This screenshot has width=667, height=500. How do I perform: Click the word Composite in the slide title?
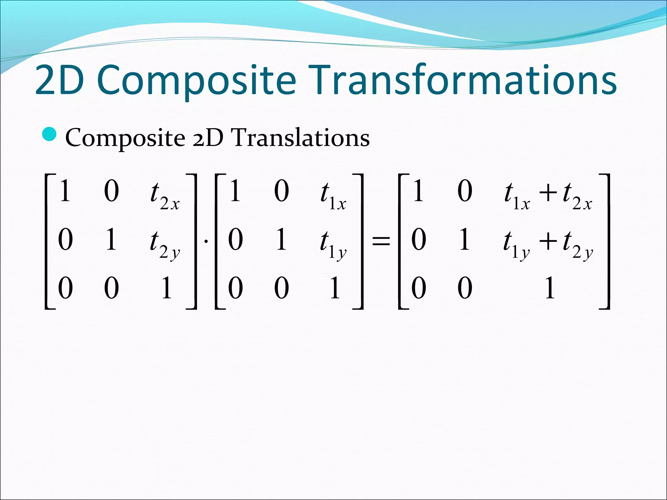pos(196,80)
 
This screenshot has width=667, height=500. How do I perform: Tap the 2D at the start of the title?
pos(59,80)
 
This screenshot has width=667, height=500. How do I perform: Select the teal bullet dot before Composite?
pos(50,135)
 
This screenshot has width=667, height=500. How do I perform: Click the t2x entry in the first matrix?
pos(164,195)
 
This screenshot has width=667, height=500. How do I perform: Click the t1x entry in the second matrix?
pos(333,195)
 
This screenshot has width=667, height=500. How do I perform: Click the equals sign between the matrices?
pos(381,241)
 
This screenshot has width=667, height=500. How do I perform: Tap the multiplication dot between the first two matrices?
pos(206,241)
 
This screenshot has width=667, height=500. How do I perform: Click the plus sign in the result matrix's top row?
pos(548,193)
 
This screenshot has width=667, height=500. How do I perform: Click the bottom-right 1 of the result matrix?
pos(549,288)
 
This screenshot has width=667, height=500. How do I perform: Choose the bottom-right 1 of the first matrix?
pos(166,288)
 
